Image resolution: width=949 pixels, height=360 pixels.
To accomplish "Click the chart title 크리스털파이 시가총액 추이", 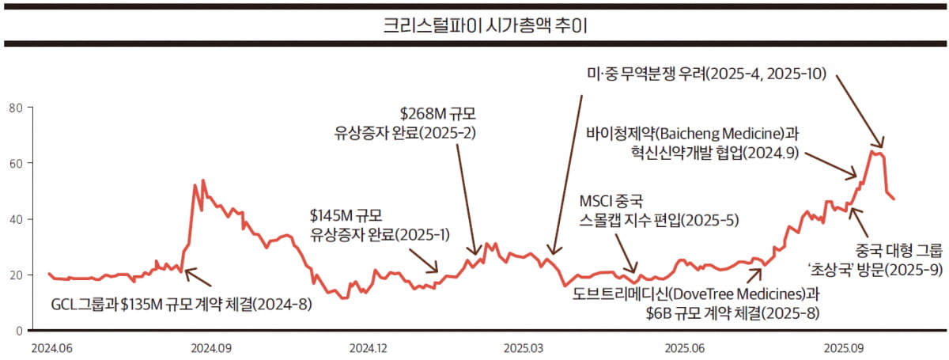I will pyautogui.click(x=475, y=25).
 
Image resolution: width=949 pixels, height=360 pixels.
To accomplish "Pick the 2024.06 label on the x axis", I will pyautogui.click(x=52, y=347).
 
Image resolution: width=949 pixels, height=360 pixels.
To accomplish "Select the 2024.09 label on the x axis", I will pyautogui.click(x=210, y=347).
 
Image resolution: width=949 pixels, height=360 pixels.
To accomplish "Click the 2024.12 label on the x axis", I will pyautogui.click(x=369, y=347).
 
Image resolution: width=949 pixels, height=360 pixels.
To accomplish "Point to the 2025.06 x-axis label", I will pyautogui.click(x=685, y=347).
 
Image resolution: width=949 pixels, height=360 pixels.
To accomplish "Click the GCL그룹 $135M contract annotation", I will pyautogui.click(x=181, y=305).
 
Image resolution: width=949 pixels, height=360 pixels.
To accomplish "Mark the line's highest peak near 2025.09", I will pyautogui.click(x=872, y=150).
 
